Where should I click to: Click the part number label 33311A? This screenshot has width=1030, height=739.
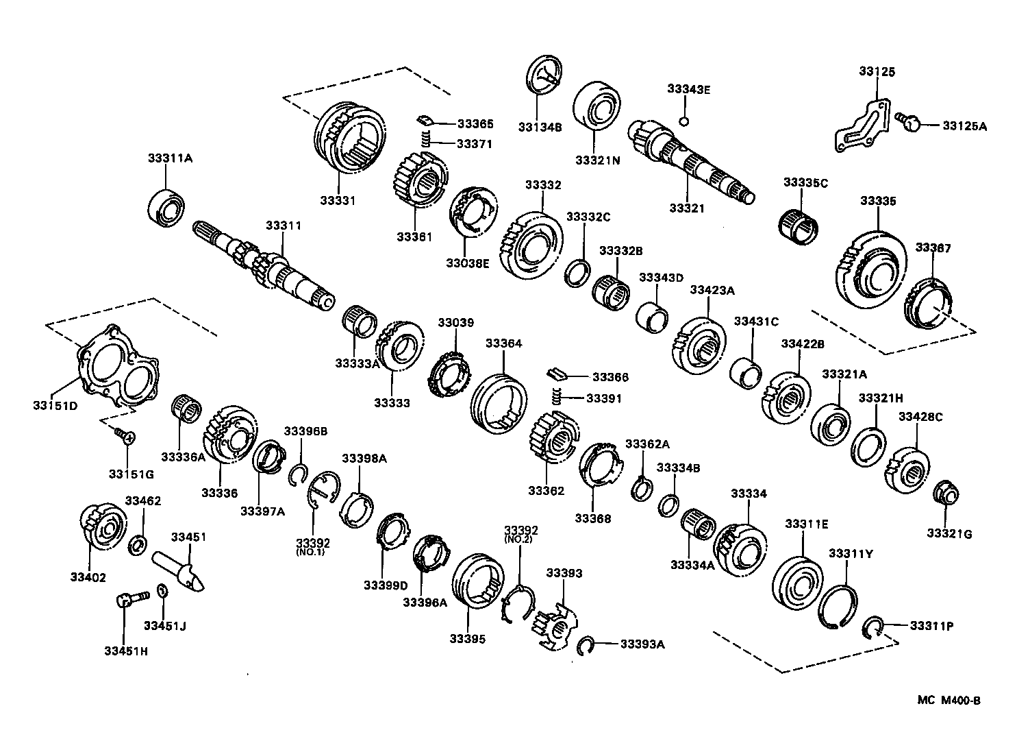[170, 158]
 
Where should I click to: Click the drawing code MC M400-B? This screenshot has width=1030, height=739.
[949, 700]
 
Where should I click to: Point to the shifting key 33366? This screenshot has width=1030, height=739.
[558, 374]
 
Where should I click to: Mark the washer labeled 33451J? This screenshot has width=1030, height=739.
[162, 591]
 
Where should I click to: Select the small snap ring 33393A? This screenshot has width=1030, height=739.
[584, 645]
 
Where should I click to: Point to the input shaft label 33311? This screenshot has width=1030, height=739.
[284, 226]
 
